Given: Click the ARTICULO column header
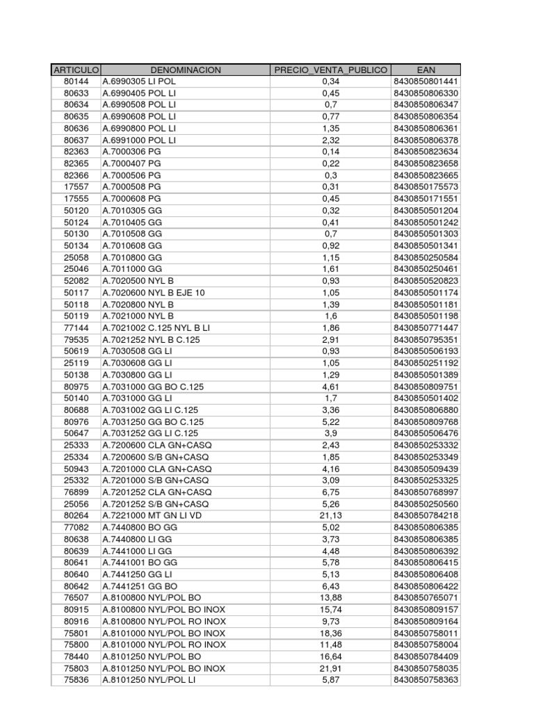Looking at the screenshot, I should [76, 70].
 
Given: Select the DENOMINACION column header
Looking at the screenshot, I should [185, 70].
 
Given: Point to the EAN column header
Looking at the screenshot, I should [426, 70].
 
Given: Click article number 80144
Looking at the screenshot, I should [76, 82].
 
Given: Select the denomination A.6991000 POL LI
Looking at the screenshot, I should [139, 140].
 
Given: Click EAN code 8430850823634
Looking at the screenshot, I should [426, 152].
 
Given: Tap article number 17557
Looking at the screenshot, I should [76, 187].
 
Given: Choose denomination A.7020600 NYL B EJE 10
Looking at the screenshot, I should [154, 293].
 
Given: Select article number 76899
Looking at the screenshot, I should [76, 492].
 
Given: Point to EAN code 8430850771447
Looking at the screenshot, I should [426, 327].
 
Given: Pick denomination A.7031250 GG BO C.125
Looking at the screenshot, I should [153, 421].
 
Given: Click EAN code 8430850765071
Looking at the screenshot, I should [426, 597].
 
